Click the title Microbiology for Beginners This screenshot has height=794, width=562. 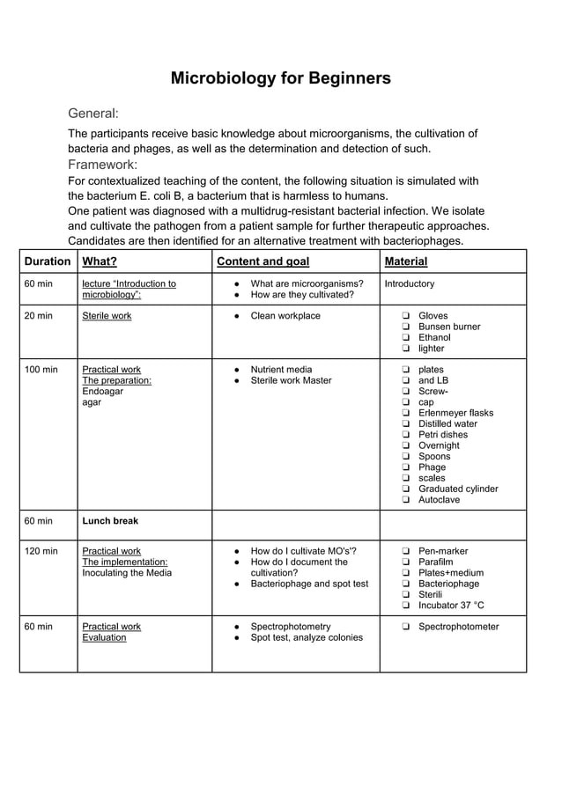coord(280,78)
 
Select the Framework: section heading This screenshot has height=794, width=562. coord(103,165)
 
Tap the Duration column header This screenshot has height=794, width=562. coord(48,261)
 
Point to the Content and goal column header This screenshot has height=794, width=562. coord(263,261)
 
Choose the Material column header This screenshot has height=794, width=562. coord(406,261)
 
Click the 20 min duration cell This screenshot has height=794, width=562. coord(38,316)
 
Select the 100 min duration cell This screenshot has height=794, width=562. coord(41,370)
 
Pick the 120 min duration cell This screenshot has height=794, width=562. coord(41,551)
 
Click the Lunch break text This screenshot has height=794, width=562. coord(110,521)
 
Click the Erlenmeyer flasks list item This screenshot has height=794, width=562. coord(455,413)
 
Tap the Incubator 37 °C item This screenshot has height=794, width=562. coord(451,606)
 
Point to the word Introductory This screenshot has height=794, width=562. coord(410,284)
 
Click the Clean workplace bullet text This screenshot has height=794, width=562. coord(285,316)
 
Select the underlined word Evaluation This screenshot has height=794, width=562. coord(104,637)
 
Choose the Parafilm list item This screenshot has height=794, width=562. coord(438,562)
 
